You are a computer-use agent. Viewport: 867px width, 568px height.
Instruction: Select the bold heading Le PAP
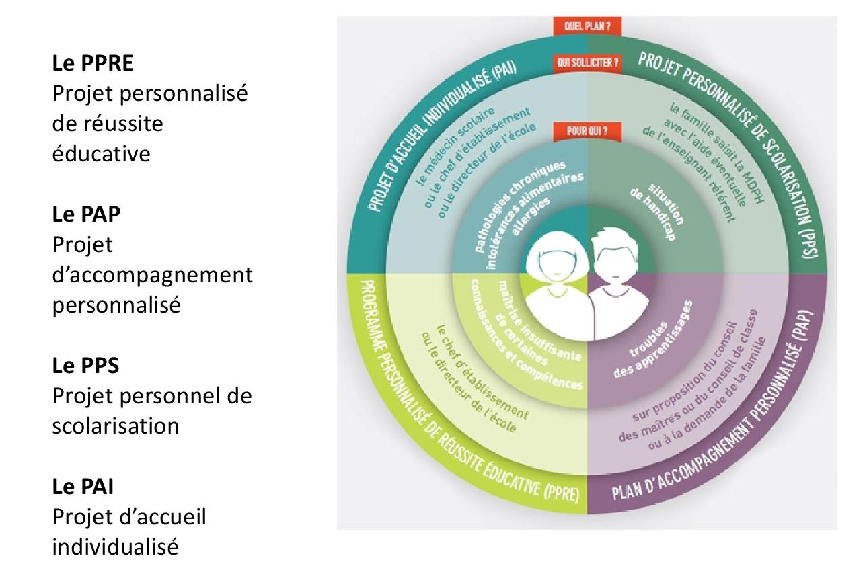click(x=87, y=214)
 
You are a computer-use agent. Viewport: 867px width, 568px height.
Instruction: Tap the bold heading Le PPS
click(x=86, y=366)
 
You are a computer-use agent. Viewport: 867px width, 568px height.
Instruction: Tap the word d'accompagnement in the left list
click(x=152, y=275)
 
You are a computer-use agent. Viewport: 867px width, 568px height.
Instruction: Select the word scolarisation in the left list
click(x=116, y=426)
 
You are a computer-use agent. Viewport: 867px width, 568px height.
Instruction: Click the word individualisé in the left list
click(x=116, y=546)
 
